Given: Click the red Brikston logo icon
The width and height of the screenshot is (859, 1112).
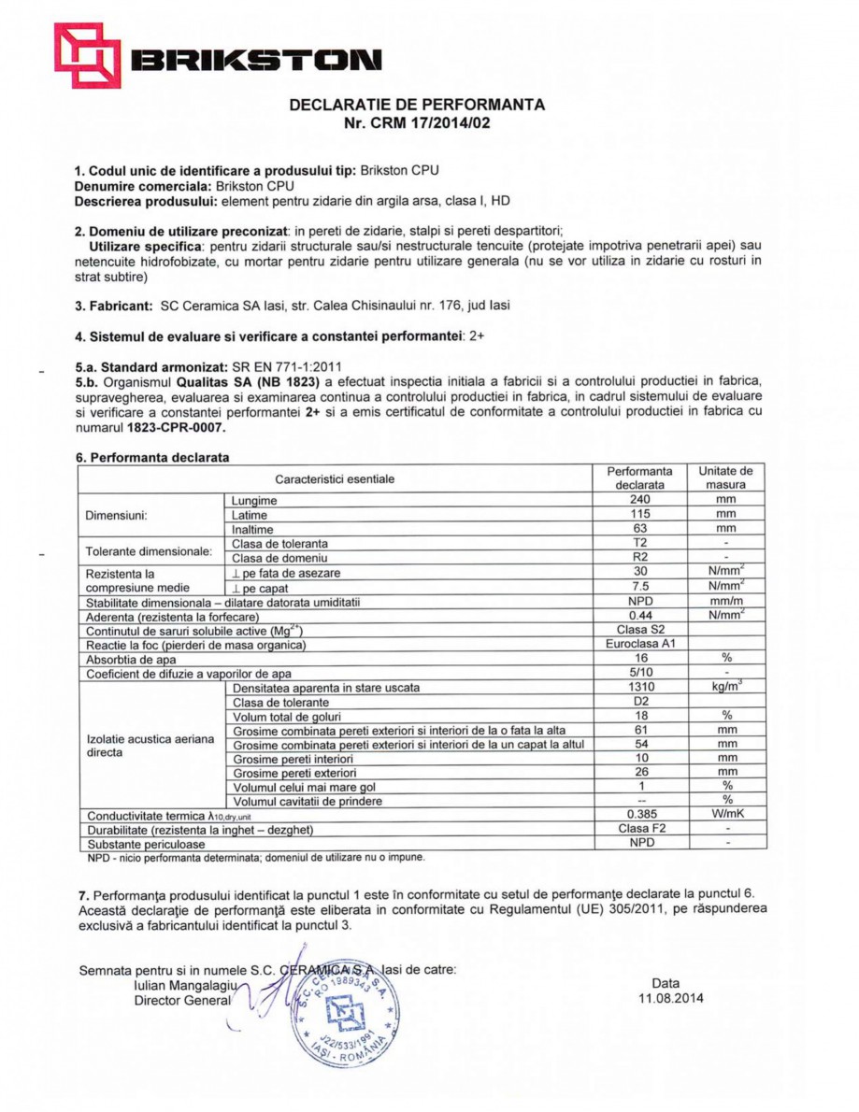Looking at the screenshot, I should tap(87, 55).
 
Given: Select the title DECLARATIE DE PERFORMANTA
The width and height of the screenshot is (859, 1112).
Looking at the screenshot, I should tap(417, 105).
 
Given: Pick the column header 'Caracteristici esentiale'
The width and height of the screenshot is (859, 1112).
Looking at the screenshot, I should tap(335, 479).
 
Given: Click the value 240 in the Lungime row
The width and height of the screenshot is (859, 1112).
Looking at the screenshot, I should tap(639, 501).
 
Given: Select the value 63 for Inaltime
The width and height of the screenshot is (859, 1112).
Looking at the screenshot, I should tap(639, 530).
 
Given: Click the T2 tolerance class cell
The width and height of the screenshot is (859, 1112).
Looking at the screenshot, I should tap(639, 544).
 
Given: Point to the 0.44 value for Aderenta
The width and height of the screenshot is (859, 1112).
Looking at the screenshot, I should tap(639, 616).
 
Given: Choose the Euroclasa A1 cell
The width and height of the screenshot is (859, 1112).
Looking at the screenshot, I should tap(639, 645).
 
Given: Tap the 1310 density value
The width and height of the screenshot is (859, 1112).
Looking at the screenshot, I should tap(639, 688).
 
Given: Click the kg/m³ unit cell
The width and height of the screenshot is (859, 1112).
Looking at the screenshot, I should tap(726, 688).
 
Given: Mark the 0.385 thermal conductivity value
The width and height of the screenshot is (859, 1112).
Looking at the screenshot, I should tap(639, 815).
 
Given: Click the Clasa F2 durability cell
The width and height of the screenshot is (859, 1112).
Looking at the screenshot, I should tap(639, 829).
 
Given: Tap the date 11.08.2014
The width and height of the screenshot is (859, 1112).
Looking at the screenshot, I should tap(666, 998).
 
